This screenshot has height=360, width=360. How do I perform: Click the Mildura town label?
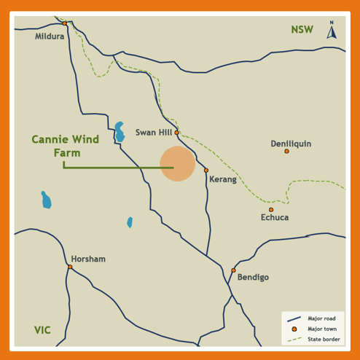pos(50,36)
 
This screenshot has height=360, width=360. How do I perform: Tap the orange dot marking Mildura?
pos(64,23)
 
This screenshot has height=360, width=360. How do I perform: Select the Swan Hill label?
pos(154,133)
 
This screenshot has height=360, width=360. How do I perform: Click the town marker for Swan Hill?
pos(176,133)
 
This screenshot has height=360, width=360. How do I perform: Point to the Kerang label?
pos(223,179)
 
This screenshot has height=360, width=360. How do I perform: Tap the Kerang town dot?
pos(206,171)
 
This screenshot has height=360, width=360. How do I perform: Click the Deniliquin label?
pos(291,144)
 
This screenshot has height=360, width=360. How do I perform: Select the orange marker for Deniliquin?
pos(286,152)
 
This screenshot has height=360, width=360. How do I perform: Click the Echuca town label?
pos(275,217)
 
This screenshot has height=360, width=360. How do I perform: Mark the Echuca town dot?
pos(271,210)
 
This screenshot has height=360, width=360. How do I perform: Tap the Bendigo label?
pos(253,278)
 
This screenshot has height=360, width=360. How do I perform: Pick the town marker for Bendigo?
pos(233,270)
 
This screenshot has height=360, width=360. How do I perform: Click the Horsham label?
pos(88,259)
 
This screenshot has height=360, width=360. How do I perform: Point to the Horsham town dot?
pos(70,267)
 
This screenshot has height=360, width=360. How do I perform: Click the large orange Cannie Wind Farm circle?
pos(177,163)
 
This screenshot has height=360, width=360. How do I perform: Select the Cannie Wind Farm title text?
pos(66,146)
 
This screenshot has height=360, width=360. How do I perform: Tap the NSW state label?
pos(302,30)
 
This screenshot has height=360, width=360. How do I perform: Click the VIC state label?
pos(42,330)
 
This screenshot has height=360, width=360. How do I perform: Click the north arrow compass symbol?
pos(332,30)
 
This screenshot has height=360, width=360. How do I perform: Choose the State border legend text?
pos(323,339)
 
